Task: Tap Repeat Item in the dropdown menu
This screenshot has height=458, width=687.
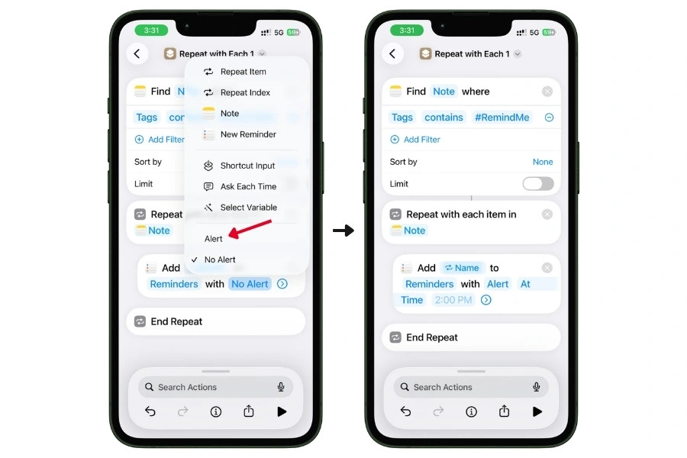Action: pos(243,72)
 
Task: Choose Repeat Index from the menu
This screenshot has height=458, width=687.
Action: pos(244,92)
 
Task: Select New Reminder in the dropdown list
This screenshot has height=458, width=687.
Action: pos(247,134)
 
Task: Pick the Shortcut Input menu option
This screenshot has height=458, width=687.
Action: pos(247,166)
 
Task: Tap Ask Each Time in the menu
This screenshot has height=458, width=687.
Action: pos(247,186)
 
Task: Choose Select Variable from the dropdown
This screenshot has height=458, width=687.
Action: pos(247,208)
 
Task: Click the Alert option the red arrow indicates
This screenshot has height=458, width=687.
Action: pos(214,239)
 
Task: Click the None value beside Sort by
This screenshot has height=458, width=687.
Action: pos(543,162)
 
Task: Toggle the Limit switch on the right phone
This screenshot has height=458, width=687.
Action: pos(538,184)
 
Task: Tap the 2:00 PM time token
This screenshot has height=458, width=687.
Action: pos(453,300)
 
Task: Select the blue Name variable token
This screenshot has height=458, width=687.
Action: pos(462,268)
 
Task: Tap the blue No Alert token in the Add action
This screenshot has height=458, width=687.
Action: pos(250,284)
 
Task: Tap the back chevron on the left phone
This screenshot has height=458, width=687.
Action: pos(137,53)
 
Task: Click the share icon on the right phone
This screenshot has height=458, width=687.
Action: pos(504,411)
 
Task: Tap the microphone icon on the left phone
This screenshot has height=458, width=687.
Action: pos(282,387)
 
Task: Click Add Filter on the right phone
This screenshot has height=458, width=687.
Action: pos(421,140)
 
